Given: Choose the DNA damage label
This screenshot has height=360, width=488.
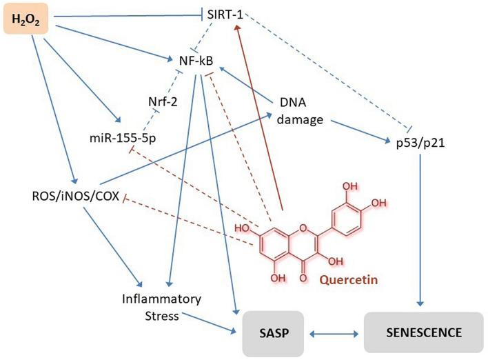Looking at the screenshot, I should [x=299, y=110].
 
